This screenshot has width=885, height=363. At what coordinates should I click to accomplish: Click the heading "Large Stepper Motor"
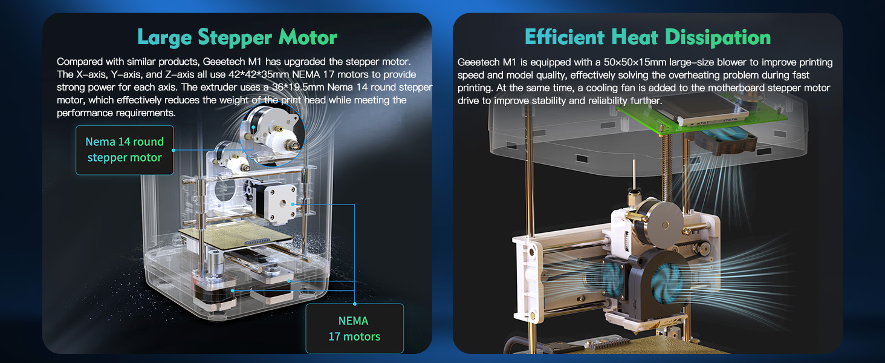(x=237, y=38)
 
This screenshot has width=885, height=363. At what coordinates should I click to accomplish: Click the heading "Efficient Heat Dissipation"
(x=647, y=38)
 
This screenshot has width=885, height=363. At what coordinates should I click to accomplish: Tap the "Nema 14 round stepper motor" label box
(x=125, y=150)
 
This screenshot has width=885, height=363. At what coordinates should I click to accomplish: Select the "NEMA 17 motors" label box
(x=354, y=328)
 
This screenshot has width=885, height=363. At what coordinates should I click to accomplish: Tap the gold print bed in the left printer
(x=235, y=235)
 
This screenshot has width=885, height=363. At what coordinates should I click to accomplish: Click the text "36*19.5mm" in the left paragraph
(x=298, y=87)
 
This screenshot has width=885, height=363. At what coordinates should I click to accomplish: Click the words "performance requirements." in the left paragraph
(x=116, y=113)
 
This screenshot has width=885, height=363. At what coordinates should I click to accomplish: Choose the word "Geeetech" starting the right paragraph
(x=478, y=62)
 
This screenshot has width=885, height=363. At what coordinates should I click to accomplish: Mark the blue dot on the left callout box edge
(x=173, y=150)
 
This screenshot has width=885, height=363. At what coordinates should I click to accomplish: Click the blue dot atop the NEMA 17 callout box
(x=354, y=304)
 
